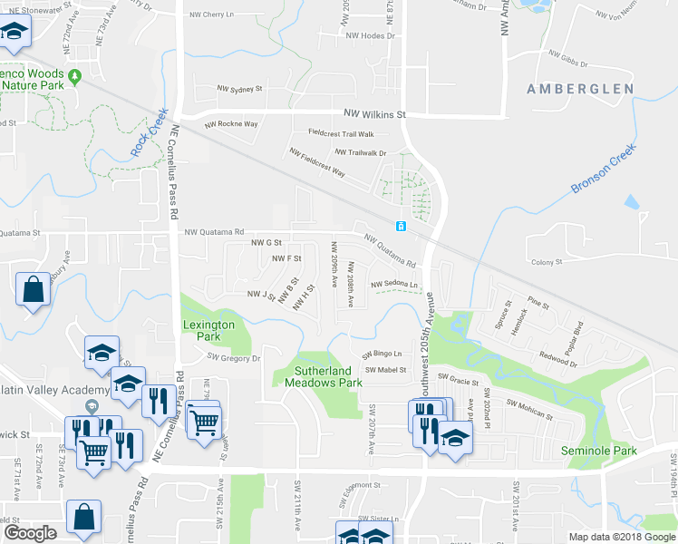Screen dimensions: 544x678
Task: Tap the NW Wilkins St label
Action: (x=374, y=114)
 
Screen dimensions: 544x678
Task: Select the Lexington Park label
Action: (x=208, y=330)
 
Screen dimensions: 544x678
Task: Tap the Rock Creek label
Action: (x=150, y=132)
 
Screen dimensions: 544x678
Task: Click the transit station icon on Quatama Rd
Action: (x=400, y=226)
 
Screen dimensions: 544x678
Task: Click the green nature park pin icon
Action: (x=75, y=75)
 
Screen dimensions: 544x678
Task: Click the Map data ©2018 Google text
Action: (x=622, y=537)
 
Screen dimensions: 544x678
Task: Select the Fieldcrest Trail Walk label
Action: (x=341, y=133)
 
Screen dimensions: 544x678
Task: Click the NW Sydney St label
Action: (x=239, y=90)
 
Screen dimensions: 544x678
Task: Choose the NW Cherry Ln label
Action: (x=211, y=15)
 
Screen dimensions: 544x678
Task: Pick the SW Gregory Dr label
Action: (x=234, y=358)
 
